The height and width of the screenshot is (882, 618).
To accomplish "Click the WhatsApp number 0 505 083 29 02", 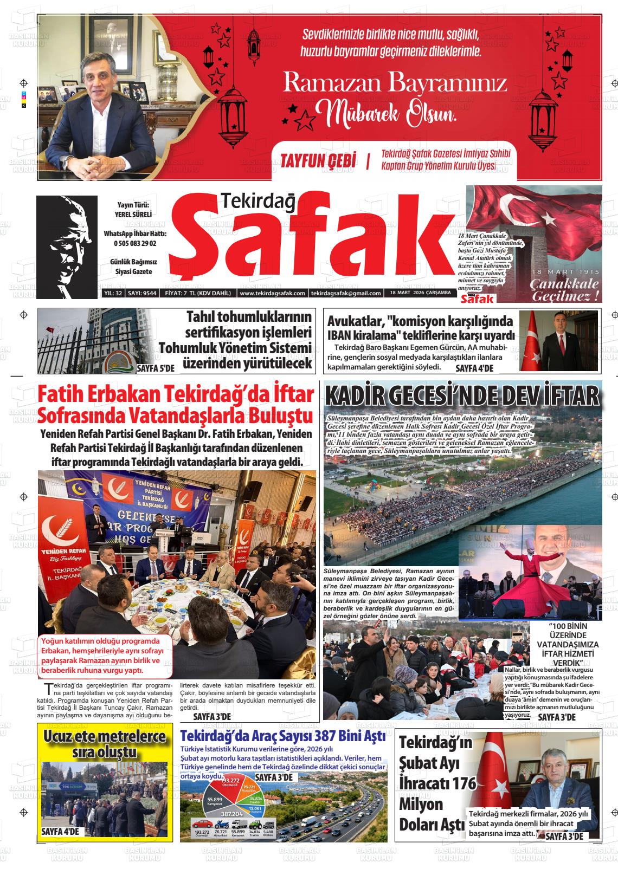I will coord(135,244).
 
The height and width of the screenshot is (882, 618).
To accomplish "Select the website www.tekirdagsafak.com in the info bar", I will coord(272,293).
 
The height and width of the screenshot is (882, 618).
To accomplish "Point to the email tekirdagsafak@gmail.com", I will coord(346,293).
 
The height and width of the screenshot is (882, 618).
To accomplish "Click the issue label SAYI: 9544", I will coord(142,293).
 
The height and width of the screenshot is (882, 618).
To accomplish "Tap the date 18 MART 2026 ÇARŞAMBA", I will coord(420,293).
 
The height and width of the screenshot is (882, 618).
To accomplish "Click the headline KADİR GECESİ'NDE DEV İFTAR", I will coord(462,396).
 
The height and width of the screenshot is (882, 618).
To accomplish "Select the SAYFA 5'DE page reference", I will coord(156,368).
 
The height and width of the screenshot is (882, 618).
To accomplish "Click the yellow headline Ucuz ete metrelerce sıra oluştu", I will coord(105,744).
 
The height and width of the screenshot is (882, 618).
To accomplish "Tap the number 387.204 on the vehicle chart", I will coord(231,814).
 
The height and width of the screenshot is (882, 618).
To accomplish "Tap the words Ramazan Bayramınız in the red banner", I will coord(395,83).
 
